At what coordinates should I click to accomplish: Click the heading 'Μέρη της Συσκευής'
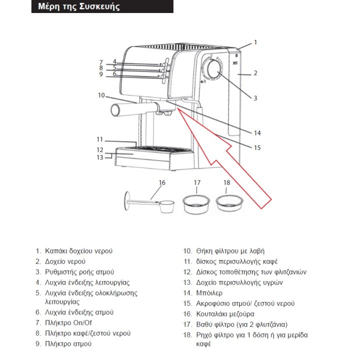tap(79, 7)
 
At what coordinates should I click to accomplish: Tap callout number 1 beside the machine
tap(255, 42)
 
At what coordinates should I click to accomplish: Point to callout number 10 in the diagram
tap(101, 95)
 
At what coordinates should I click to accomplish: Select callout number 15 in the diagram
tap(257, 147)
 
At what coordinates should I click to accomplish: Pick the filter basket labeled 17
tap(196, 205)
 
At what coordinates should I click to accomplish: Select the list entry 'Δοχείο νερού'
tap(65, 261)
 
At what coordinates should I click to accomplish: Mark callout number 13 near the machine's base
tap(99, 157)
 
